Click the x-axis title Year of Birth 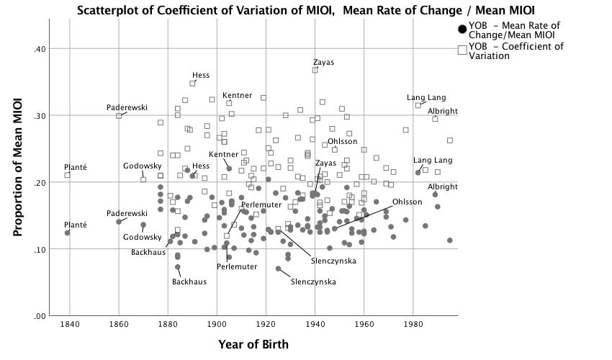click(253, 344)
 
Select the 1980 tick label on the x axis click(413, 326)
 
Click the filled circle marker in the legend click(462, 30)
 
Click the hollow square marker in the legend click(462, 50)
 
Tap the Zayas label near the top click(323, 63)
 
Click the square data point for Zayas click(315, 70)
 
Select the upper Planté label click(76, 167)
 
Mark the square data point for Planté click(68, 175)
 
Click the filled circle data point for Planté click(68, 233)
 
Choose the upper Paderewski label click(127, 107)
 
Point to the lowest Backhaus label click(189, 282)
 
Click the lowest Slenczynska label click(313, 282)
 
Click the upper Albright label click(443, 111)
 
